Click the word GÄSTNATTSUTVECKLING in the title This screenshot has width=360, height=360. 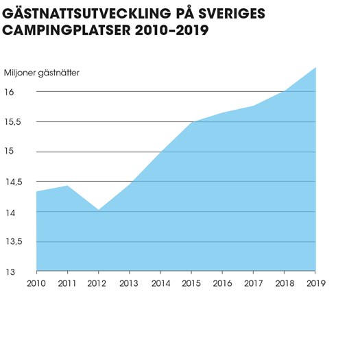pyautogui.click(x=86, y=13)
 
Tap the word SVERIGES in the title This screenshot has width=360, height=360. pyautogui.click(x=232, y=14)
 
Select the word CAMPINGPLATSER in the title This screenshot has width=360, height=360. pyautogui.click(x=67, y=30)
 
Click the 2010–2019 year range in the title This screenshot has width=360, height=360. pyautogui.click(x=171, y=30)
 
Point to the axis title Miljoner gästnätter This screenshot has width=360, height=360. pyautogui.click(x=42, y=73)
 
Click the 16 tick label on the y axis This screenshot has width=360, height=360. pyautogui.click(x=9, y=92)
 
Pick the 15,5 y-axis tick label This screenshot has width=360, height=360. pyautogui.click(x=12, y=122)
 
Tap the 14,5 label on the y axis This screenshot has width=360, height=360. pyautogui.click(x=14, y=182)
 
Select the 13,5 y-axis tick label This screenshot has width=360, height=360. pyautogui.click(x=14, y=241)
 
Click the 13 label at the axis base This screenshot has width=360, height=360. pyautogui.click(x=10, y=272)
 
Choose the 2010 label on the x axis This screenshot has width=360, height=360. pyautogui.click(x=36, y=284)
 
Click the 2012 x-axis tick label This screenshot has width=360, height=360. pyautogui.click(x=97, y=284)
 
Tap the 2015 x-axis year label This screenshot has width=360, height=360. pyautogui.click(x=191, y=284)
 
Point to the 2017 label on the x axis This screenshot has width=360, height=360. pyautogui.click(x=253, y=284)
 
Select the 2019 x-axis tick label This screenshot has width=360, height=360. pyautogui.click(x=316, y=284)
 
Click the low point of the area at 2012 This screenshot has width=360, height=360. pyautogui.click(x=99, y=210)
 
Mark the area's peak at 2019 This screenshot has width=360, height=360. pyautogui.click(x=315, y=67)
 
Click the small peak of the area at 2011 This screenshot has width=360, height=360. pyautogui.click(x=67, y=186)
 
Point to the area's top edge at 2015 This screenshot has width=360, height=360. pyautogui.click(x=191, y=122)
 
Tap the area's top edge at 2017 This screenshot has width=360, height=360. pyautogui.click(x=254, y=106)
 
